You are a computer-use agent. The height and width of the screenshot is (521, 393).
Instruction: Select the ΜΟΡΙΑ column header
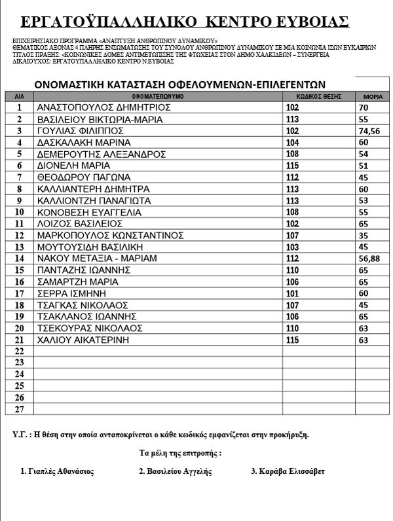pyautogui.click(x=371, y=96)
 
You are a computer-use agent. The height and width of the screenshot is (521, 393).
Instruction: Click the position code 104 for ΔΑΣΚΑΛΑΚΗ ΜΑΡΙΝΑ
pyautogui.click(x=292, y=143)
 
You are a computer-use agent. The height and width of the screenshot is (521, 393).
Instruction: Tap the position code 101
pyautogui.click(x=292, y=293)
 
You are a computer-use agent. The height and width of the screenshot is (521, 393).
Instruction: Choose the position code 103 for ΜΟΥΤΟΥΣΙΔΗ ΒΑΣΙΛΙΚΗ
pyautogui.click(x=292, y=247)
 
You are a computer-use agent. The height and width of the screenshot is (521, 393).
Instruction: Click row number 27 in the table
pyautogui.click(x=19, y=409)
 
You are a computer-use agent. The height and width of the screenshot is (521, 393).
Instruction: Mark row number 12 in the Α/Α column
pyautogui.click(x=19, y=235)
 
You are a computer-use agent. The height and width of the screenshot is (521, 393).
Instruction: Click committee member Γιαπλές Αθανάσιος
pyautogui.click(x=58, y=471)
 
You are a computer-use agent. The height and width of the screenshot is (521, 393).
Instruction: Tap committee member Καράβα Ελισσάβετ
pyautogui.click(x=288, y=471)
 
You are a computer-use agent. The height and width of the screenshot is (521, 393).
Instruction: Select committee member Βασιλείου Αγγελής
pyautogui.click(x=176, y=471)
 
